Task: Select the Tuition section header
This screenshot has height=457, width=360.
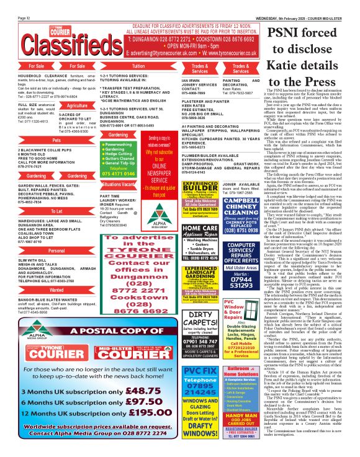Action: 138,65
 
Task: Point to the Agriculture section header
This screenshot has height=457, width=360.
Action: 77,105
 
